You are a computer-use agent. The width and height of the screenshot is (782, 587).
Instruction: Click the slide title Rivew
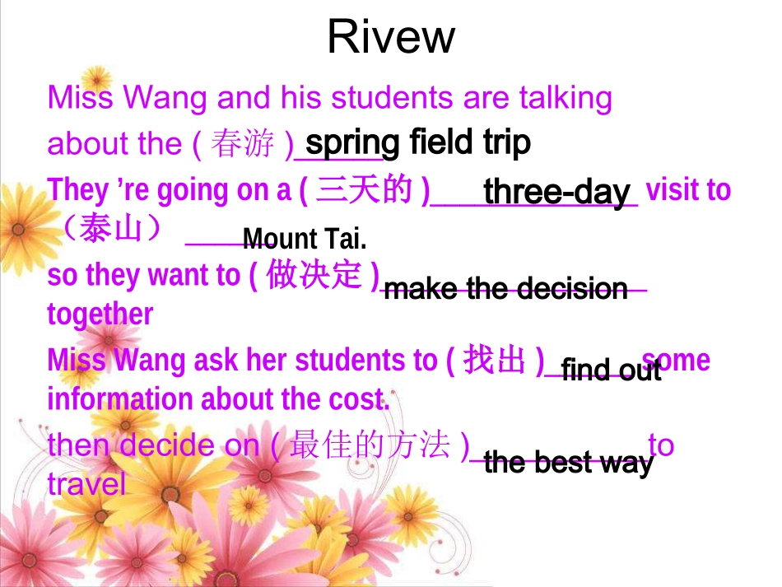[x=391, y=36]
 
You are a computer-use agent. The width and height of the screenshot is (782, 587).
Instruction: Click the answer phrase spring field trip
[x=418, y=142]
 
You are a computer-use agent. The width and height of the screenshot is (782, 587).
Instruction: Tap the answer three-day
[x=556, y=192]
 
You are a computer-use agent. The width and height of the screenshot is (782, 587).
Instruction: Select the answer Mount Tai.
[x=305, y=240]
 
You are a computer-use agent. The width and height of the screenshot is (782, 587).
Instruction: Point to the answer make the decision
[x=505, y=289]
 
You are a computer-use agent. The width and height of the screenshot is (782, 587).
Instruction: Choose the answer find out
[x=611, y=370]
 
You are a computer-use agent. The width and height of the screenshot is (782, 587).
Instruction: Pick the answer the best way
[x=569, y=463]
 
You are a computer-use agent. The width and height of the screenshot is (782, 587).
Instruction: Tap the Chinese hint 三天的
[x=364, y=190]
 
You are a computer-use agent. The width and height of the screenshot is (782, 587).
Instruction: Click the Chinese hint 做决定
[x=314, y=275]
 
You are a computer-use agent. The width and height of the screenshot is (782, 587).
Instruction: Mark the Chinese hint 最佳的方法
[x=370, y=445]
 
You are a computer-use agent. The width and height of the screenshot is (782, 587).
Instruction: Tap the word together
[x=100, y=314]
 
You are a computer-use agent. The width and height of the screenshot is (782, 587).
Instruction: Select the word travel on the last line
[x=87, y=484]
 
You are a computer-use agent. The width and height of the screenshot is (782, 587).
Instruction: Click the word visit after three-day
[x=678, y=190]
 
